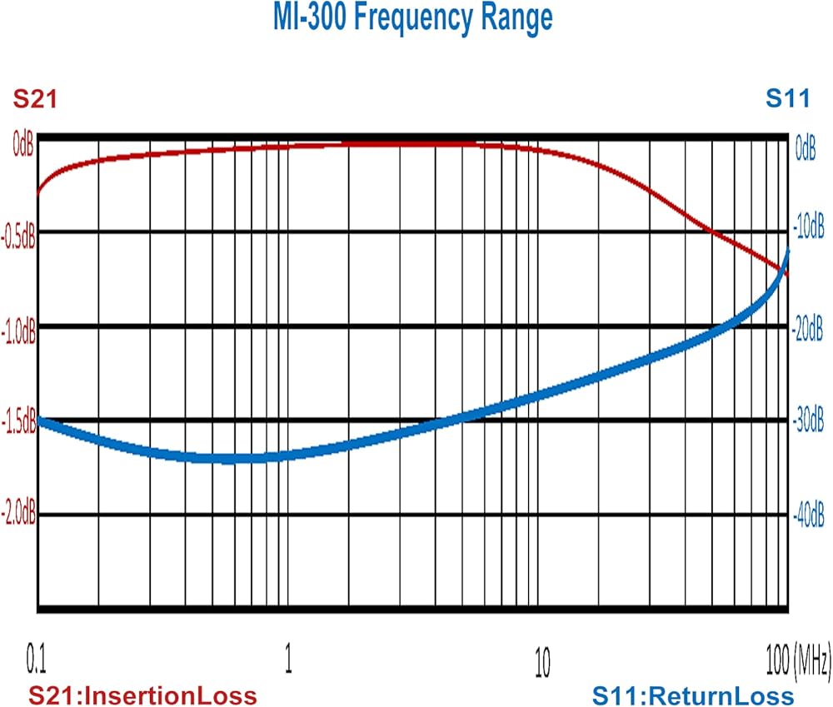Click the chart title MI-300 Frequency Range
click(412, 19)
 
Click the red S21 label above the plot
click(36, 101)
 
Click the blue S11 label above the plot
click(787, 99)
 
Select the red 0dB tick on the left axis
click(22, 146)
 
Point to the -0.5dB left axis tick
click(17, 236)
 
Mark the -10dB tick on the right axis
click(807, 224)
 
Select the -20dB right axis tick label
click(807, 331)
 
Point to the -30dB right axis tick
click(807, 422)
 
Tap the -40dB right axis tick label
click(807, 517)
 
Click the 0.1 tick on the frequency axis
click(36, 660)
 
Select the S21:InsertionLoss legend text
click(142, 695)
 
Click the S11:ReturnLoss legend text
click(693, 695)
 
